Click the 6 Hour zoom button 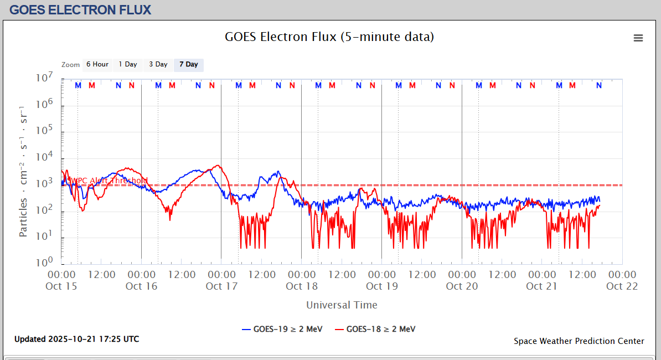click(97, 65)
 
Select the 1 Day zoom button click(128, 65)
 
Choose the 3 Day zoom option click(158, 65)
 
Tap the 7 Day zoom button click(189, 65)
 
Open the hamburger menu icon click(638, 38)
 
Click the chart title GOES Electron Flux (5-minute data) click(329, 37)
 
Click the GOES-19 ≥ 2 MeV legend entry click(282, 329)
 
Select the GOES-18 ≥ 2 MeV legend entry click(375, 329)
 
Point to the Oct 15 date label click(61, 286)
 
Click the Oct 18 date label click(302, 286)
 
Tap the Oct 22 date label click(622, 286)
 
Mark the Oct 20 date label click(462, 286)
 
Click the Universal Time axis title click(342, 305)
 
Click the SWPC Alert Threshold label click(107, 181)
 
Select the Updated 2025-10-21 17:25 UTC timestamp click(77, 339)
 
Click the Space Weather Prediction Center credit click(579, 341)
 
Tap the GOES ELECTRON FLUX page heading click(80, 10)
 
